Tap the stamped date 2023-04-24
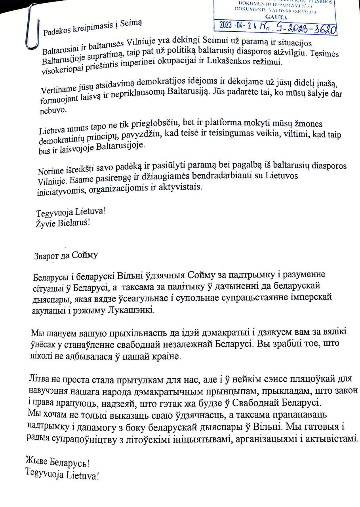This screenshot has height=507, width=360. [237, 25]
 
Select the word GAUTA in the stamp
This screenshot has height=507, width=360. [276, 17]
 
